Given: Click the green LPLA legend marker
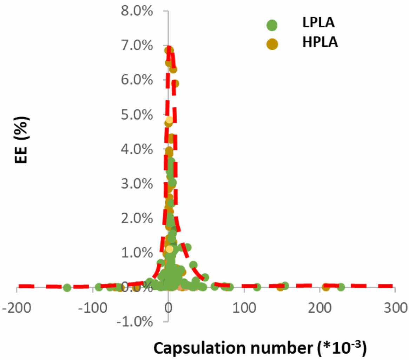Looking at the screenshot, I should [271, 25].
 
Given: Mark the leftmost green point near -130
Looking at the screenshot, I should [67, 288].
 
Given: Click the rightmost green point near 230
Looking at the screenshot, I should [341, 287].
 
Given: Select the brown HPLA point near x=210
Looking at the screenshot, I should [326, 287].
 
